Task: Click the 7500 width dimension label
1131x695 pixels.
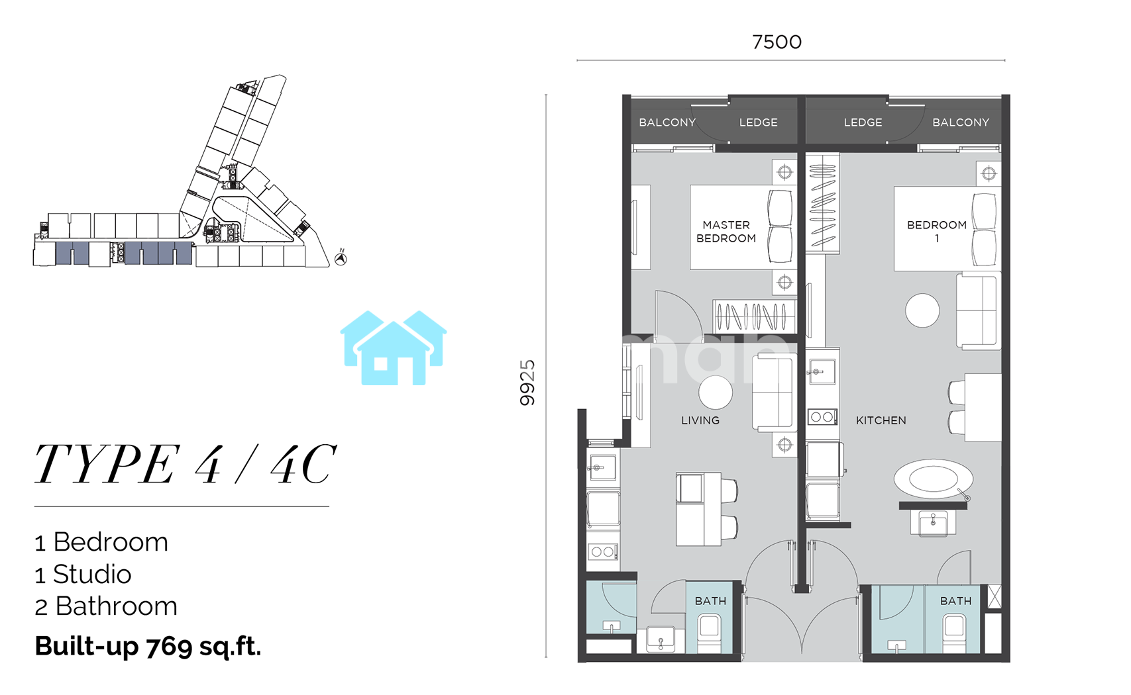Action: point(777,42)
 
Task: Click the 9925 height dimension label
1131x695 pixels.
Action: point(527,383)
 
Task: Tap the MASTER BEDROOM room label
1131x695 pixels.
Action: point(726,232)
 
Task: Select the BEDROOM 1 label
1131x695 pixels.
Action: point(937,232)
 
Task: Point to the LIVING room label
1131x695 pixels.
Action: point(700,420)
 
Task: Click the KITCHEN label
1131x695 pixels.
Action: point(881,420)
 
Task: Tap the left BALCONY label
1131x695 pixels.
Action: point(667,122)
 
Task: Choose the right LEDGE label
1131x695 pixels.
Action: point(863,122)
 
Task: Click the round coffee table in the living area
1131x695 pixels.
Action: point(716,393)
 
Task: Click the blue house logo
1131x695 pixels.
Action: point(394,348)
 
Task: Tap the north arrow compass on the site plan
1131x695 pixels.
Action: point(341,258)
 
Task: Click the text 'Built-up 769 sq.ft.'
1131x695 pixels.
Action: point(148,646)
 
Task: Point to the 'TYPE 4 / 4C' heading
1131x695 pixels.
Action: point(185,464)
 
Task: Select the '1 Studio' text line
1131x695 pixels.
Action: point(83,574)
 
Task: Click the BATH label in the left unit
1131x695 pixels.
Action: point(710,601)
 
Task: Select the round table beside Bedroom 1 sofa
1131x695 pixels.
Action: point(922,310)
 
